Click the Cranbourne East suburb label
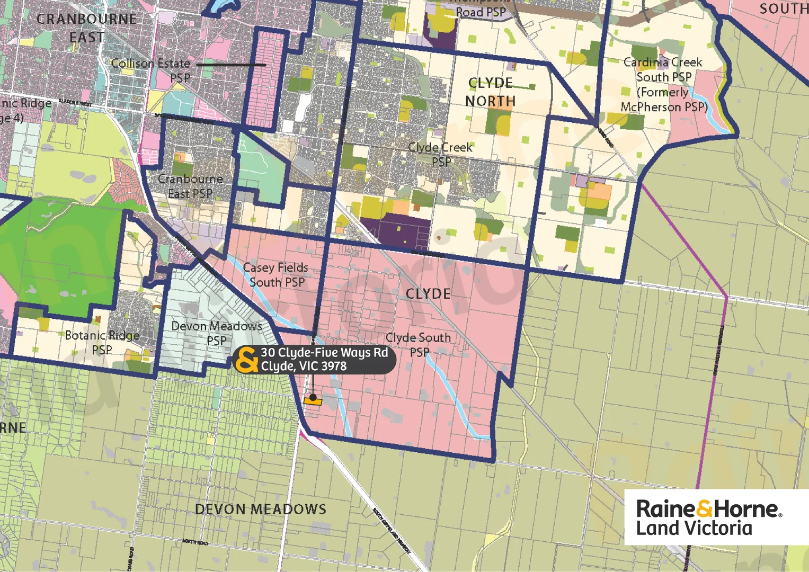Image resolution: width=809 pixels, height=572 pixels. [x=86, y=28]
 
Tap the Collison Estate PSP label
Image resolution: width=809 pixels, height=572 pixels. [x=151, y=70]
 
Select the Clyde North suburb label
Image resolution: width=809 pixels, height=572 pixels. [x=491, y=92]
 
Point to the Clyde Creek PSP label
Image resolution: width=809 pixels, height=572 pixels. [x=440, y=154]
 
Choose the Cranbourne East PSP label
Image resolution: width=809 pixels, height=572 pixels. [x=190, y=186]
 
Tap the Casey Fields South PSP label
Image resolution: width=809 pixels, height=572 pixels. [x=276, y=275]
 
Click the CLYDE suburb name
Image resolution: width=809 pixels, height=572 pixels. [x=428, y=294]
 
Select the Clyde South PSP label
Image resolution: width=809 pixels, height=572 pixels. [x=418, y=344]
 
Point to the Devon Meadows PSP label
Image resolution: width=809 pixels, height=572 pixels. [x=217, y=333]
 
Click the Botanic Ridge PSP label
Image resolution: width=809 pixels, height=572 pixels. [x=102, y=342]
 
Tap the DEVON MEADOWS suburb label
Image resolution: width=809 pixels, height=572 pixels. [x=261, y=510]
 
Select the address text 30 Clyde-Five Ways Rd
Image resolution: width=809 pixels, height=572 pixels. [x=324, y=353]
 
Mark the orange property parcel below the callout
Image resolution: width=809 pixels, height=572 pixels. [x=313, y=402]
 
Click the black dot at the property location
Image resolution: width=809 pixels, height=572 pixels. [x=313, y=397]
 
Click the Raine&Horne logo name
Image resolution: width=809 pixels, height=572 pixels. [x=708, y=509]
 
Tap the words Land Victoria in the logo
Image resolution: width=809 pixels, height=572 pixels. [x=694, y=529]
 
